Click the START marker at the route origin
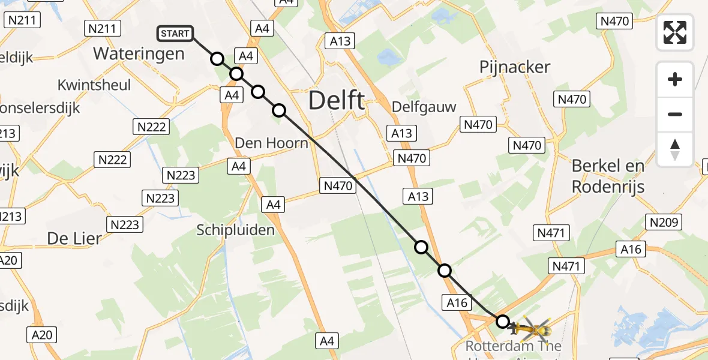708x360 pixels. pyautogui.click(x=175, y=34)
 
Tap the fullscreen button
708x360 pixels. pyautogui.click(x=675, y=32)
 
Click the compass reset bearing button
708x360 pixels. pyautogui.click(x=675, y=149)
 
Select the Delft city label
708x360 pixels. pyautogui.click(x=336, y=100)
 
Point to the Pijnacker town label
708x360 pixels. pyautogui.click(x=515, y=67)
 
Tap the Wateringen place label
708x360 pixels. pyautogui.click(x=139, y=53)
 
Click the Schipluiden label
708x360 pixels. pyautogui.click(x=236, y=230)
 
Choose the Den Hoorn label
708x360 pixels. pyautogui.click(x=271, y=143)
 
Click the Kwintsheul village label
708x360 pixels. pyautogui.click(x=94, y=85)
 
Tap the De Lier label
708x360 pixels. pyautogui.click(x=74, y=238)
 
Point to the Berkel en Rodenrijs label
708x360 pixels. pyautogui.click(x=608, y=176)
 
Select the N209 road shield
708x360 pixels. pyautogui.click(x=664, y=222)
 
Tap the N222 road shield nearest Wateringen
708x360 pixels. pyautogui.click(x=151, y=127)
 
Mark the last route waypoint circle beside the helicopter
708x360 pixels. pyautogui.click(x=502, y=322)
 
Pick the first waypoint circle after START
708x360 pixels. pyautogui.click(x=217, y=59)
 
